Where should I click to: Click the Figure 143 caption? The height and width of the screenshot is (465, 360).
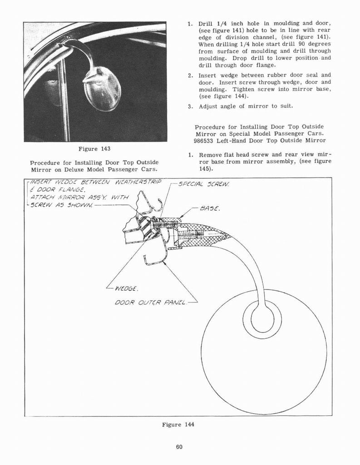click(x=94, y=149)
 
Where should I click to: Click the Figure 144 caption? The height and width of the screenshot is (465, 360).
click(x=178, y=425)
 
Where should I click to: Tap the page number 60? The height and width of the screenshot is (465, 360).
click(x=179, y=447)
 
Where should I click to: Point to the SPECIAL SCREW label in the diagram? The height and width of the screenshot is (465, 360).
click(x=204, y=184)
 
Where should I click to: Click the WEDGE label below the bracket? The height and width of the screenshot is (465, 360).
click(x=126, y=287)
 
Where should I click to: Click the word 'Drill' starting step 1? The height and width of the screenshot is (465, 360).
click(x=206, y=24)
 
